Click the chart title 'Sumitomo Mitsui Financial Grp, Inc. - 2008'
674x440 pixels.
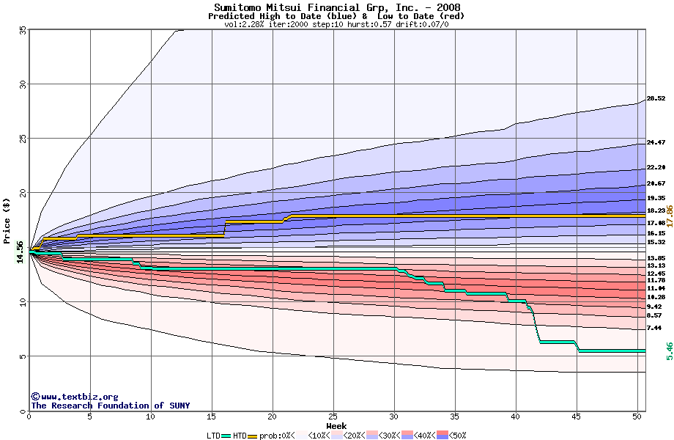coord(337,8)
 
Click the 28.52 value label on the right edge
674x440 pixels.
coord(656,98)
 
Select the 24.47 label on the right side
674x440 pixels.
coord(656,142)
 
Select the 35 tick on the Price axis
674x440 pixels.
coord(23,30)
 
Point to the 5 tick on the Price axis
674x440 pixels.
coord(23,356)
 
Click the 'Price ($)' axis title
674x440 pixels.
coord(7,220)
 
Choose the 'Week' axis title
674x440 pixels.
coord(336,425)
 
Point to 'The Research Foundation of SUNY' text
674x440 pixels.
coord(110,406)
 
